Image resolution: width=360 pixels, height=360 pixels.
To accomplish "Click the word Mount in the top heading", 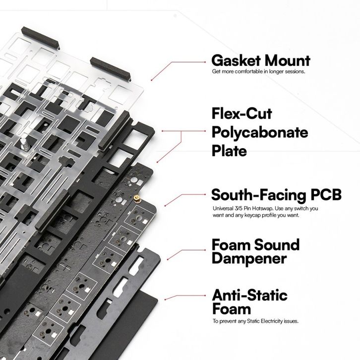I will point(284,61).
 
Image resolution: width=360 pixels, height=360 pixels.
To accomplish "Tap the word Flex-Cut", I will point(241,115).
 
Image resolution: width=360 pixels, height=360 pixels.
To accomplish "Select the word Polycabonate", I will point(259,133).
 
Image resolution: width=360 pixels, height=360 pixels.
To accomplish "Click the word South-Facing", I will point(259,194).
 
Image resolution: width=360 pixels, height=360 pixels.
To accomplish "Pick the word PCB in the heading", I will point(326,194).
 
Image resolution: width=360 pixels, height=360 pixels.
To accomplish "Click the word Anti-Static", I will point(249,296).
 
